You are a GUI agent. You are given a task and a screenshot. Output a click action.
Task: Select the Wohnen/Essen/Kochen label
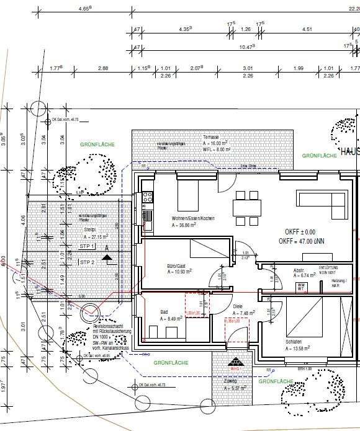(193, 219)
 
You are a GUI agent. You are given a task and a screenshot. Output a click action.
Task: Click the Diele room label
(238, 306)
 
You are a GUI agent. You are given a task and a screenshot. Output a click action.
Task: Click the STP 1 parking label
(88, 247)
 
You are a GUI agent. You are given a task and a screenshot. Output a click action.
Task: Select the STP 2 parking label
(88, 262)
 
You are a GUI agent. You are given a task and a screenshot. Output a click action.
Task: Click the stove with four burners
(148, 198)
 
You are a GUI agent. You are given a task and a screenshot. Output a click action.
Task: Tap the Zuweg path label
(231, 380)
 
